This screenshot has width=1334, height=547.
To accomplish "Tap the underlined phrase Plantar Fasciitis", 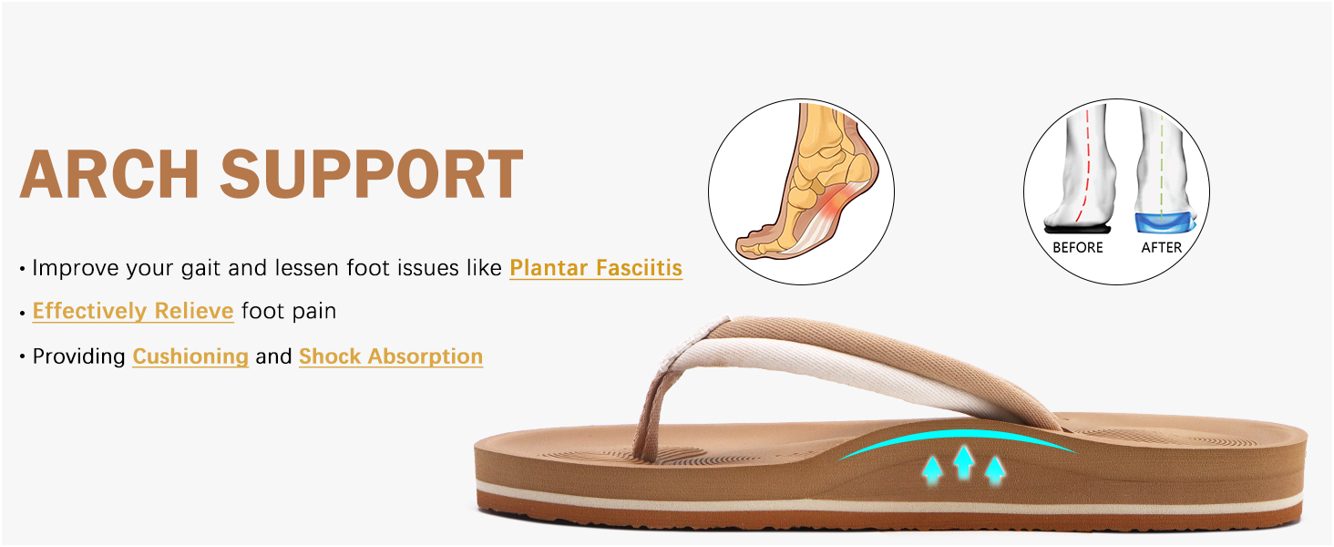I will pos(596,268).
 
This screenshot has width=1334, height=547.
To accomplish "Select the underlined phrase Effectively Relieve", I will pos(133,311).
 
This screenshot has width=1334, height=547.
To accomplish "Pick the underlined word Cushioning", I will pos(190,356).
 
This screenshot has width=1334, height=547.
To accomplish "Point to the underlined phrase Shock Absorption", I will pos(391,356).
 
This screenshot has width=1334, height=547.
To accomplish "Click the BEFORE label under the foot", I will pos(1077,247).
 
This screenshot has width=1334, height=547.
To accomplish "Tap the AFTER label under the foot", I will pos(1161,247).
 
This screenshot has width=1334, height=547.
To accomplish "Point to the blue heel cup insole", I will pos(1160,222).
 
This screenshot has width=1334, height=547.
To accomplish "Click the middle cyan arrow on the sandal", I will pos(963,461).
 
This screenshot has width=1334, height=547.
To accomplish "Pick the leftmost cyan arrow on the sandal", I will pos(931,469).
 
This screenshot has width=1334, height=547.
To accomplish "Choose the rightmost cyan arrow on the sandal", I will pos(995,469).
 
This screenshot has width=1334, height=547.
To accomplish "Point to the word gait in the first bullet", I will pos(244,268).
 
